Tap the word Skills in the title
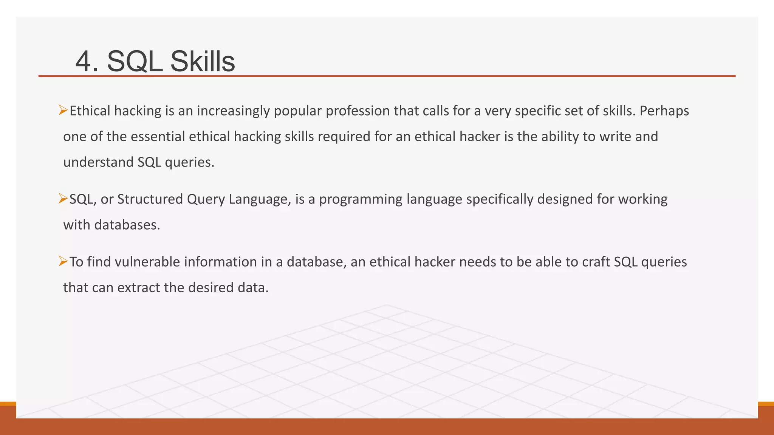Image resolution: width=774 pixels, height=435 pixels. pos(203,62)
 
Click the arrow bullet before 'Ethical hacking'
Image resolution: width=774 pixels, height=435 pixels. pos(63,111)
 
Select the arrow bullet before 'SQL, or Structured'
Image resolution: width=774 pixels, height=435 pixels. pos(63,199)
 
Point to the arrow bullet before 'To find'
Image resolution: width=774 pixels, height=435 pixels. pos(63,261)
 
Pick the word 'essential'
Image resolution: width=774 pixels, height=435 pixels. pos(158,136)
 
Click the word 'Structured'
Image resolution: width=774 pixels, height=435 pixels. pos(150,199)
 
